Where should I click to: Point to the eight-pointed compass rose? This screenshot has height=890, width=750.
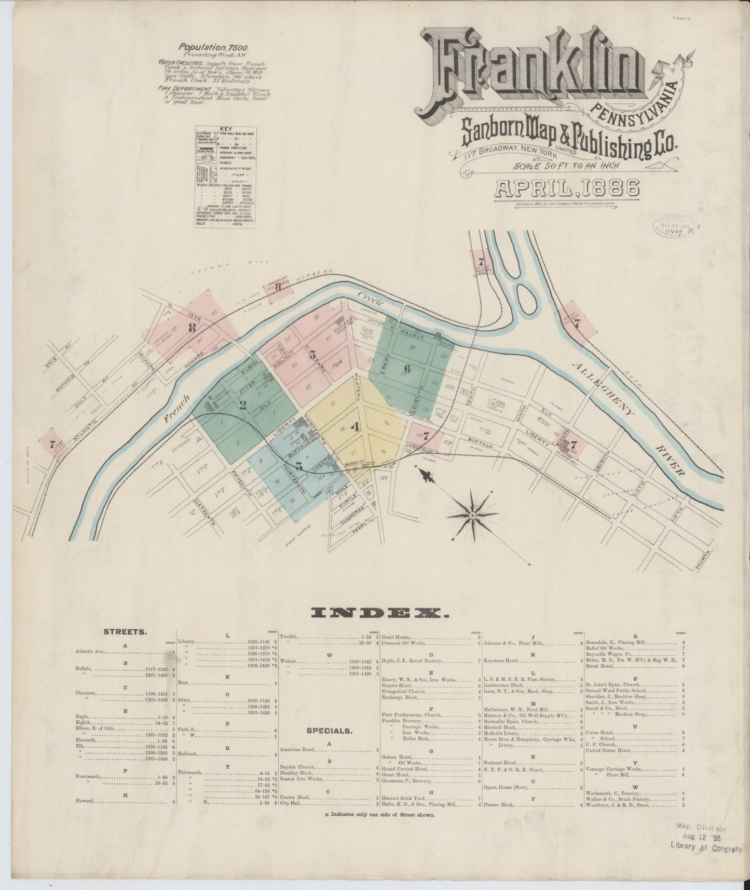coord(472,514)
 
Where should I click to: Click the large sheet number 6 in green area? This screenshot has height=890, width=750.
coord(406,369)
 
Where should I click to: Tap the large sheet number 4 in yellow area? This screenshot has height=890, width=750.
coord(355,427)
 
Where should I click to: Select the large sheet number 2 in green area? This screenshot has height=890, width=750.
coord(242,406)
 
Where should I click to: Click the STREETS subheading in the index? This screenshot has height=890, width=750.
coord(125,632)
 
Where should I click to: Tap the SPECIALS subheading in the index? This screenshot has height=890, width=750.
coord(330,731)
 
